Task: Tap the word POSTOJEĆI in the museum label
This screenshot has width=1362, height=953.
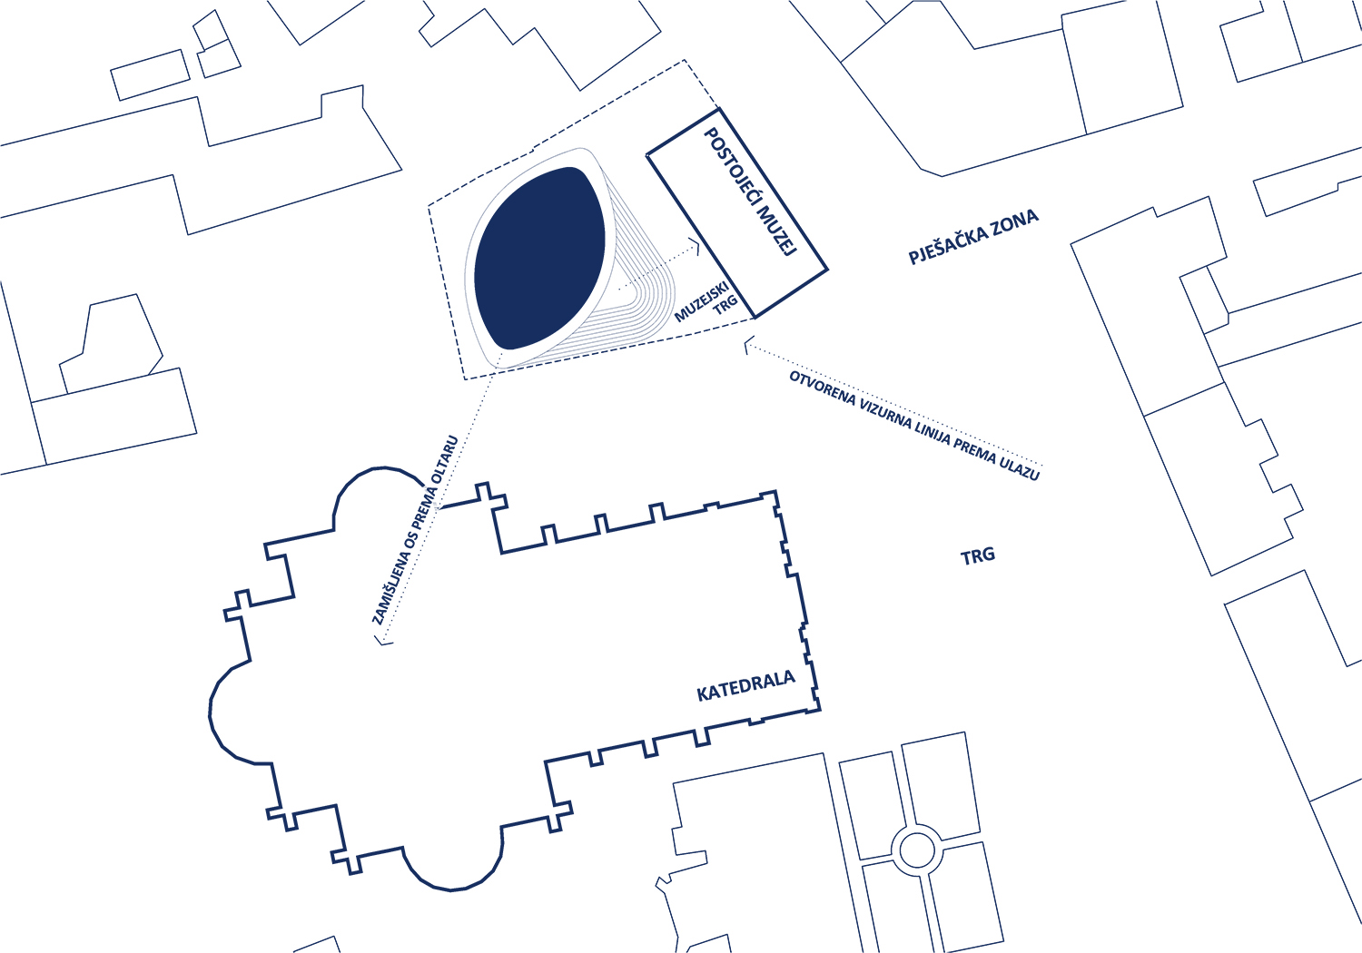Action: [730, 167]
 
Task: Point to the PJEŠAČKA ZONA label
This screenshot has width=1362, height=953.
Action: [972, 237]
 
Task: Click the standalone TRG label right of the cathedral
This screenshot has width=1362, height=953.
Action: [978, 556]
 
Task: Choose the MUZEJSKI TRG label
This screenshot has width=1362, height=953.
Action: [706, 300]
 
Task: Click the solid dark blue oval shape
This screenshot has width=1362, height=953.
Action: [540, 259]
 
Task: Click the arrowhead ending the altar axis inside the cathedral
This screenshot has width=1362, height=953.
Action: [382, 639]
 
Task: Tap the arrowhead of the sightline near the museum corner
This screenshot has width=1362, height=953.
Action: [749, 344]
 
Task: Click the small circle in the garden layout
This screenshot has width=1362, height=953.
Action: [916, 850]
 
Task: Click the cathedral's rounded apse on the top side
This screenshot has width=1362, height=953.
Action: [377, 492]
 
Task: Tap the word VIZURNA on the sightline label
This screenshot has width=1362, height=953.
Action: [885, 415]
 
